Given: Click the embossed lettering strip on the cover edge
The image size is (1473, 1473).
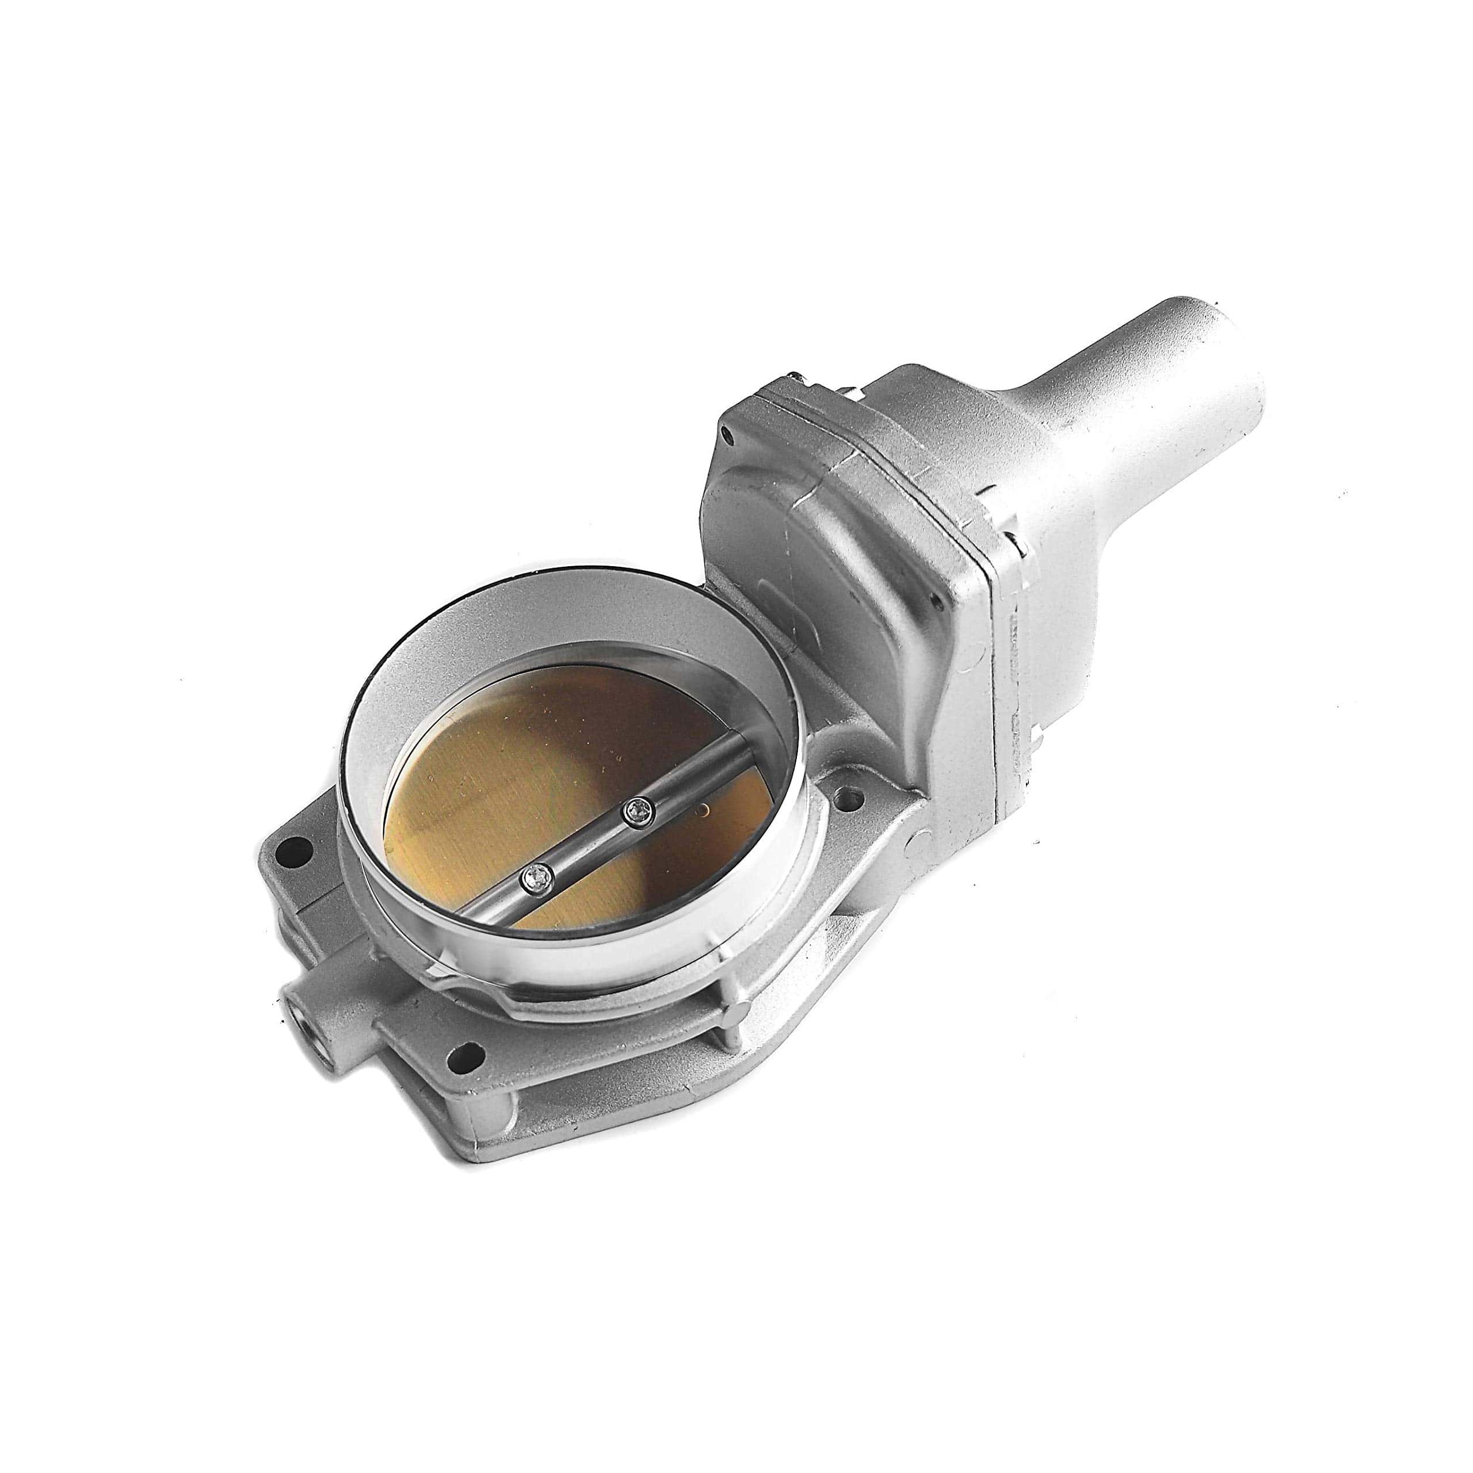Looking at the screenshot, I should (1014, 648).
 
